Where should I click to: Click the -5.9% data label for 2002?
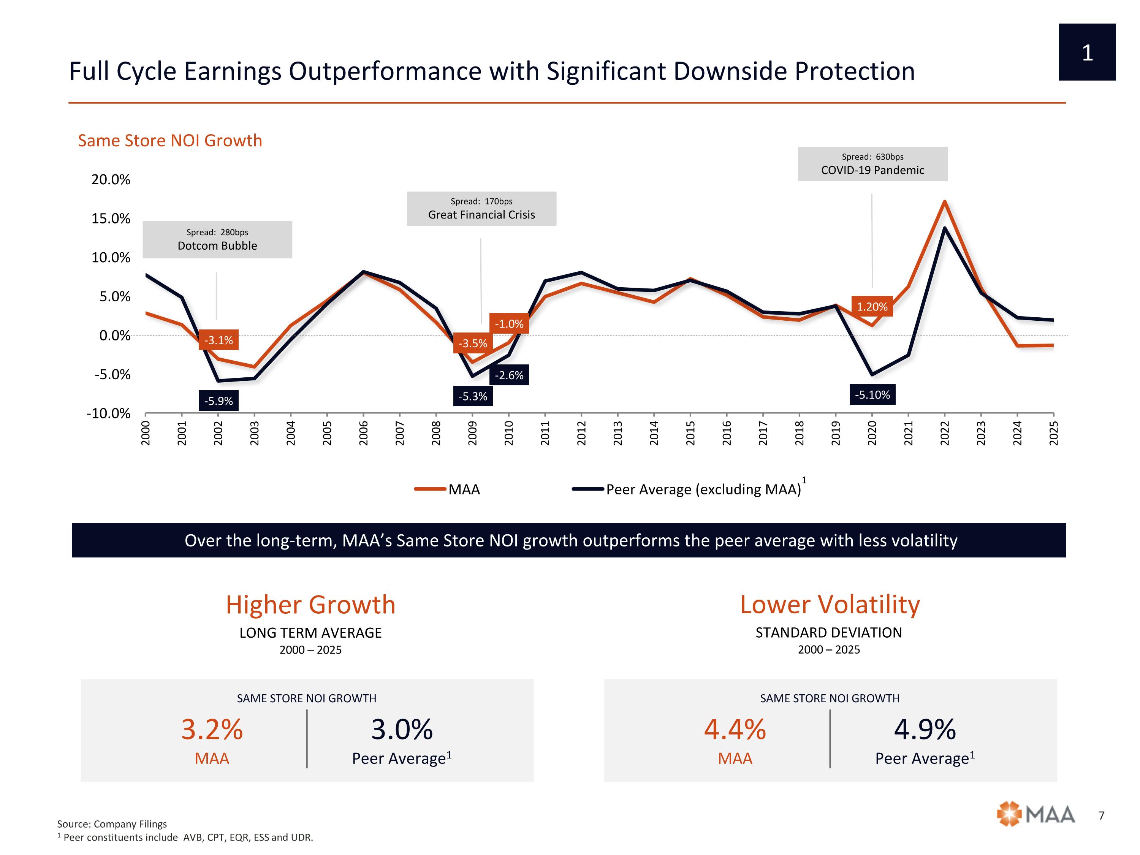click(218, 401)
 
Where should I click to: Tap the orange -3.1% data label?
click(218, 340)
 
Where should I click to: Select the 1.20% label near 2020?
click(871, 307)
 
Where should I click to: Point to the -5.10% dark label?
click(872, 395)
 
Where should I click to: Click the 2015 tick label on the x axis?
click(690, 433)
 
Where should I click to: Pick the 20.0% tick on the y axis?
click(111, 179)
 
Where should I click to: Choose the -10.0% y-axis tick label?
click(108, 413)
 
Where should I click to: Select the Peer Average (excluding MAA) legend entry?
click(688, 489)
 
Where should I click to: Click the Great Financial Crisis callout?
click(481, 209)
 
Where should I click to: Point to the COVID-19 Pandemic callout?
click(872, 164)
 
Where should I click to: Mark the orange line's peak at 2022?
click(944, 201)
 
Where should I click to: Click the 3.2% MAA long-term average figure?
click(212, 729)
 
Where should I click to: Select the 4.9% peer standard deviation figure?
click(925, 729)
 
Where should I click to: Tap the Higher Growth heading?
click(310, 605)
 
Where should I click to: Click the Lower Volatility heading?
click(829, 605)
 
